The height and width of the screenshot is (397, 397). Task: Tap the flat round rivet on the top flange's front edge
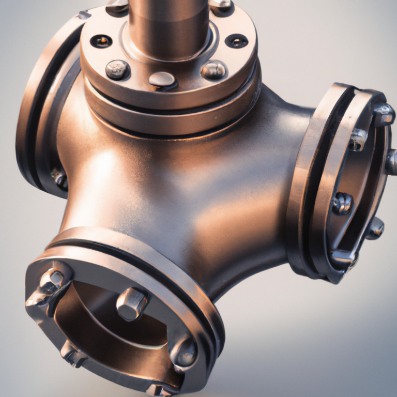(x=162, y=79)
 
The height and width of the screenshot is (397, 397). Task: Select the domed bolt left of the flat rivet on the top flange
(x=118, y=69)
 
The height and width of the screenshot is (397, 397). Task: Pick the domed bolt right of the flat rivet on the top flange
(x=213, y=70)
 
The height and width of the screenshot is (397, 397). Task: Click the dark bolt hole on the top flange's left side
(x=101, y=40)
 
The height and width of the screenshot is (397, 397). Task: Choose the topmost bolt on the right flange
(x=384, y=114)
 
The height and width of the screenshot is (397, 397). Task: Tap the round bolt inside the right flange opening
(x=342, y=203)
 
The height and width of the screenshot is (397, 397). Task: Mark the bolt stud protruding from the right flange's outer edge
(x=392, y=161)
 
